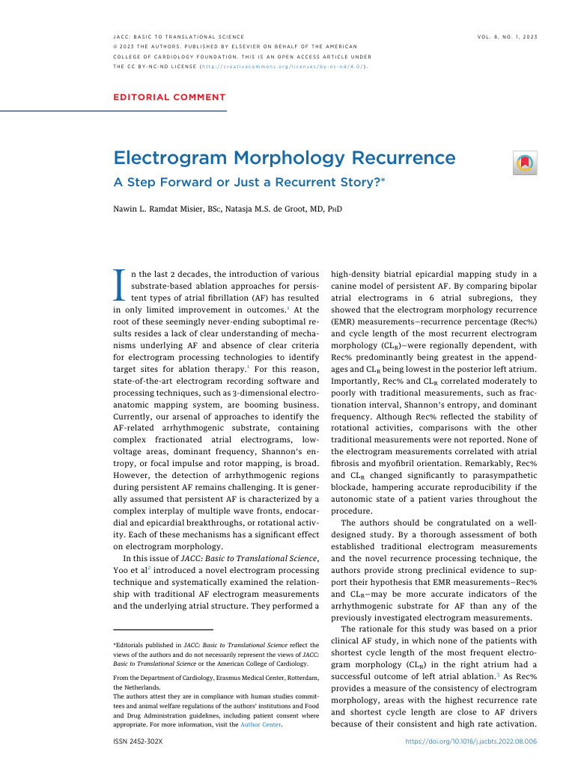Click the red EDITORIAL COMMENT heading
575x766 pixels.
169,97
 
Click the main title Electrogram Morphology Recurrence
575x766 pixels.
284,159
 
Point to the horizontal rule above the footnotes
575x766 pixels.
162,630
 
